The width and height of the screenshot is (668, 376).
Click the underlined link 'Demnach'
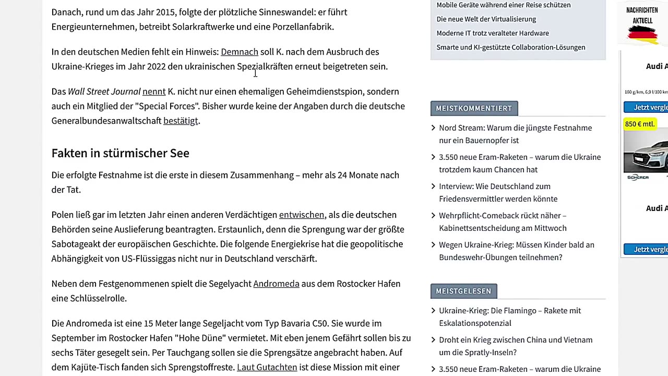(x=240, y=52)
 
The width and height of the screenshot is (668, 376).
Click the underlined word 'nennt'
(x=154, y=91)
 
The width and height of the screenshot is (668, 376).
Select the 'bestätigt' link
(x=181, y=121)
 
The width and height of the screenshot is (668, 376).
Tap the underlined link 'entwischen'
(x=302, y=215)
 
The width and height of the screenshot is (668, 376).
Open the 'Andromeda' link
(x=276, y=284)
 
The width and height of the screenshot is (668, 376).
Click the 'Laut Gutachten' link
(x=267, y=367)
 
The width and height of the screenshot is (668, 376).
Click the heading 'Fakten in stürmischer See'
(x=120, y=153)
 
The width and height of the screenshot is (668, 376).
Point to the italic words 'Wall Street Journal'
(x=104, y=91)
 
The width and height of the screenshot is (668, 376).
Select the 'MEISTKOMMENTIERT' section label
(x=474, y=108)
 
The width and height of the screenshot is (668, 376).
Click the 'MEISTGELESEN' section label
(x=463, y=291)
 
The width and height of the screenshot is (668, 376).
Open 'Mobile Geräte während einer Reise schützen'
(x=503, y=5)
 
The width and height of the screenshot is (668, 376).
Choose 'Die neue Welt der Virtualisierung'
(x=486, y=19)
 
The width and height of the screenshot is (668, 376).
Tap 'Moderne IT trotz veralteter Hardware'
(x=493, y=33)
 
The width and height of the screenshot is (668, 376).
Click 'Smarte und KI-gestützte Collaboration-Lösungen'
(x=510, y=48)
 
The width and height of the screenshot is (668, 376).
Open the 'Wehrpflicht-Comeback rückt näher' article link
(x=502, y=221)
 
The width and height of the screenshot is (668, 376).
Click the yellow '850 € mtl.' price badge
(x=639, y=124)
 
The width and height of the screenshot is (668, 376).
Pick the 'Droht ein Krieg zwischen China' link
(x=515, y=346)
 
